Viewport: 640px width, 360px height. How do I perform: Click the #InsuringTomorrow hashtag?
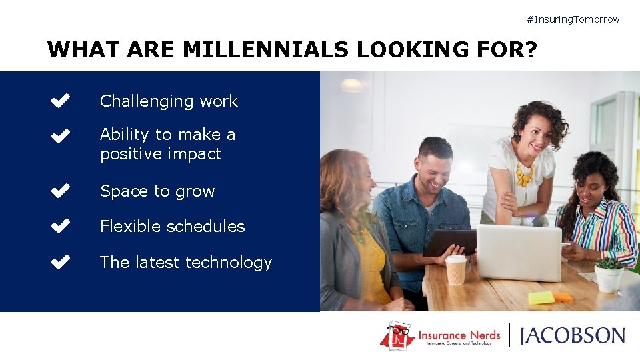pyautogui.click(x=573, y=19)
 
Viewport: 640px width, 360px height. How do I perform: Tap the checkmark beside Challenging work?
pyautogui.click(x=60, y=101)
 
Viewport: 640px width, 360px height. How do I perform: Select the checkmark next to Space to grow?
pyautogui.click(x=60, y=191)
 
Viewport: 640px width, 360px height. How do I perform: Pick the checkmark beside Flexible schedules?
pyautogui.click(x=60, y=227)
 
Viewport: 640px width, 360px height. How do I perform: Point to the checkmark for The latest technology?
pyautogui.click(x=60, y=263)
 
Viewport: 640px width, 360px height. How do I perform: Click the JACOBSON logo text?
pyautogui.click(x=573, y=335)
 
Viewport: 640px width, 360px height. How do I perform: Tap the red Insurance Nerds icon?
pyautogui.click(x=397, y=335)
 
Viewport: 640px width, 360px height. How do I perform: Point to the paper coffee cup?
pyautogui.click(x=456, y=270)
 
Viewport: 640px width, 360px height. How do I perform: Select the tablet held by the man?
pyautogui.click(x=450, y=242)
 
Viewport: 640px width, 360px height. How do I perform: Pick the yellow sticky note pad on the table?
pyautogui.click(x=541, y=297)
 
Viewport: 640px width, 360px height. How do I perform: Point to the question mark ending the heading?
pyautogui.click(x=530, y=49)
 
